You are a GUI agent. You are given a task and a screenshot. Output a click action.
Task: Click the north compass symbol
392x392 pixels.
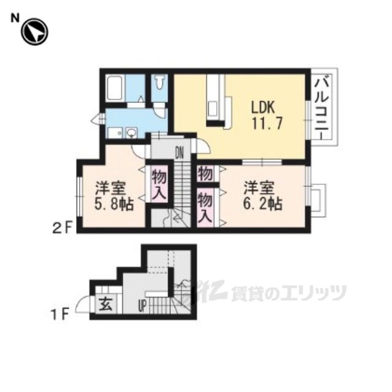[34, 32]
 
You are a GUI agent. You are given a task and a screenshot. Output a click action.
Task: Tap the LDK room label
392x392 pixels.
[263, 108]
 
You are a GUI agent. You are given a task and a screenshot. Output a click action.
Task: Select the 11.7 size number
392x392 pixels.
[267, 124]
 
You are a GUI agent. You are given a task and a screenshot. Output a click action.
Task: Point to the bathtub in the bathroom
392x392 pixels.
[115, 88]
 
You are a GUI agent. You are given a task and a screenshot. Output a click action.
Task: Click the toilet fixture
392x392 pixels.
[159, 82]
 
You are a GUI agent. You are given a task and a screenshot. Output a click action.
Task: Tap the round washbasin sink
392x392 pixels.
[132, 132]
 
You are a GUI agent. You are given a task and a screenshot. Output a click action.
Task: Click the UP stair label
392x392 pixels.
[142, 306]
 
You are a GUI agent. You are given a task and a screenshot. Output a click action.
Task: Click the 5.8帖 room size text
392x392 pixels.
[113, 204]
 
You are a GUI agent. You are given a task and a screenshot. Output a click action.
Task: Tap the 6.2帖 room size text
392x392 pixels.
[263, 204]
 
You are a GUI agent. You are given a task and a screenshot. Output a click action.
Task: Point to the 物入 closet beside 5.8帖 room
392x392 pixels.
[159, 184]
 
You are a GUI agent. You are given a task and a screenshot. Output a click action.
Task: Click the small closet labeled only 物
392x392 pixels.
[206, 174]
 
